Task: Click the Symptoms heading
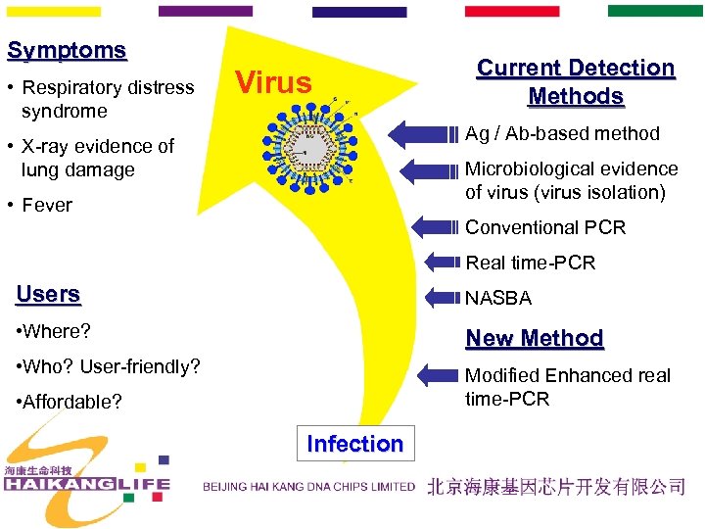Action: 67,51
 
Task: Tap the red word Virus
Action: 273,82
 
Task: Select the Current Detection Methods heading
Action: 575,82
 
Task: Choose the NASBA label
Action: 497,298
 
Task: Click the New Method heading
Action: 534,338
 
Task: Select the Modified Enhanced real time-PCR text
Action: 567,387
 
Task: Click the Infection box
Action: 354,444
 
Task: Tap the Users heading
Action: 48,294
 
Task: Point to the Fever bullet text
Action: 47,205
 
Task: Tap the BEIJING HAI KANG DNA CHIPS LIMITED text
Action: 308,487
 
